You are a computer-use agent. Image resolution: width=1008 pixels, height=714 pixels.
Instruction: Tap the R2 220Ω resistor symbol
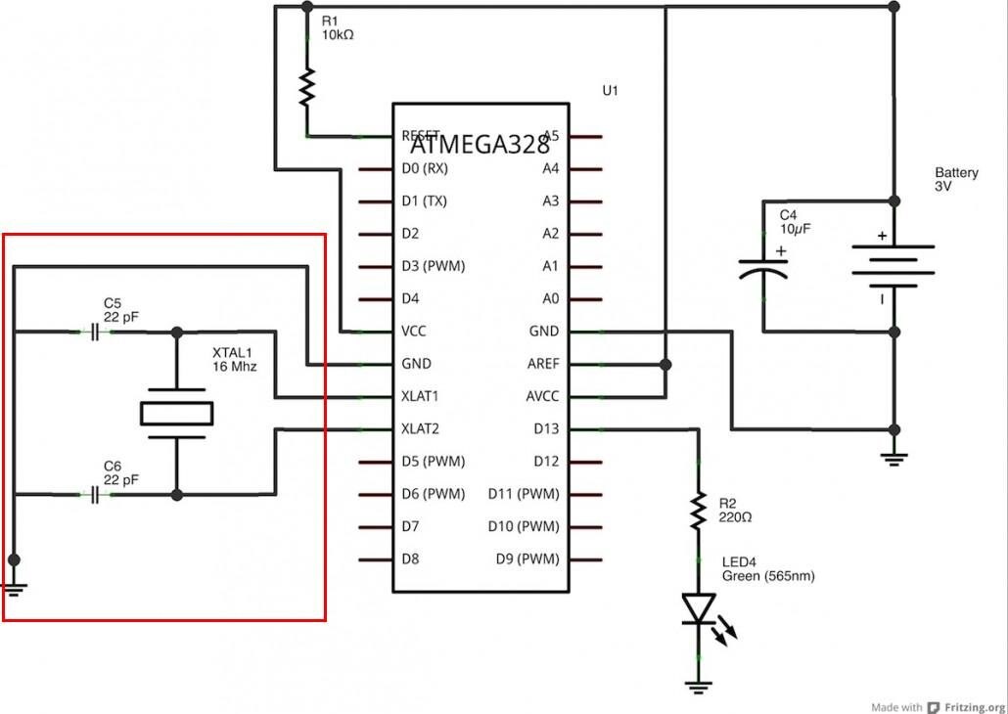pos(698,510)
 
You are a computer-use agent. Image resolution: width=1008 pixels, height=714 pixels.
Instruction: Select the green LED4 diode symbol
pos(698,608)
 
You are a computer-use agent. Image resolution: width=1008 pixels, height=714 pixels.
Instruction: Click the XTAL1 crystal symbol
pos(176,414)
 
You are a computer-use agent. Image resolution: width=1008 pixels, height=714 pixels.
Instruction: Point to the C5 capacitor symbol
pos(94,333)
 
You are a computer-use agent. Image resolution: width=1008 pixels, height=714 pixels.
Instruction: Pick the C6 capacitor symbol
pos(94,496)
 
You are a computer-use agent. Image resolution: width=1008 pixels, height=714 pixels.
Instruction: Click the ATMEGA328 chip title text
pos(480,145)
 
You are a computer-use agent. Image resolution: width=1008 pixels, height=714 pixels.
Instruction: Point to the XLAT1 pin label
pos(421,396)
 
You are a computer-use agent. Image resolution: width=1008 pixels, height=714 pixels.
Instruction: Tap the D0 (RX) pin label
pos(425,169)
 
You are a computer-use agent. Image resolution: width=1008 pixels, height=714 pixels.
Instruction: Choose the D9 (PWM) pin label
pos(527,559)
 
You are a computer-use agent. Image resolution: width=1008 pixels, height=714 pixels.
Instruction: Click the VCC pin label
pos(414,332)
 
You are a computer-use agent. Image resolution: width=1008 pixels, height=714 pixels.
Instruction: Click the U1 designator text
pos(610,91)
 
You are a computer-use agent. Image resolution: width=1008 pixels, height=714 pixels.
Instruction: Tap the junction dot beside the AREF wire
pos(665,364)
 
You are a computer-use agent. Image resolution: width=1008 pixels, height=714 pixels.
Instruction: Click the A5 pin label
pos(551,136)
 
